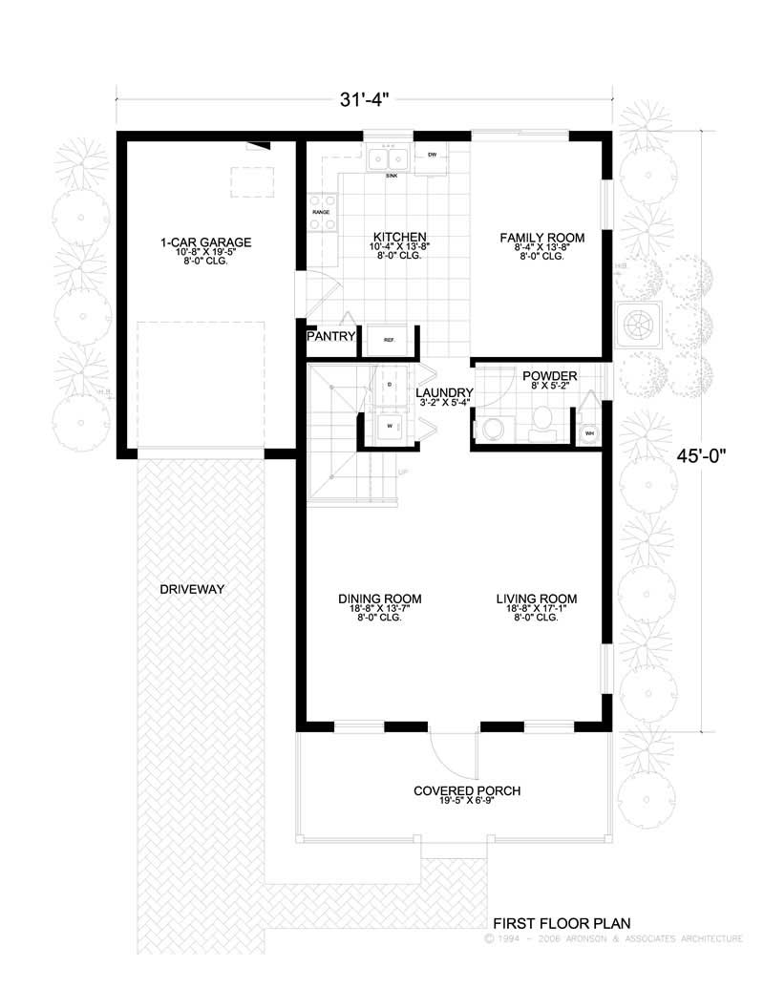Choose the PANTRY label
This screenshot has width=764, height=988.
coord(331,337)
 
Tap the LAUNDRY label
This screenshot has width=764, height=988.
coord(444,392)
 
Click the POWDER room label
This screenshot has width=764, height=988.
coord(542,375)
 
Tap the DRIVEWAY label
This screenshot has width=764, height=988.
coord(192,589)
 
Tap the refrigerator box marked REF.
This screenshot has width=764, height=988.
coord(390,339)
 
